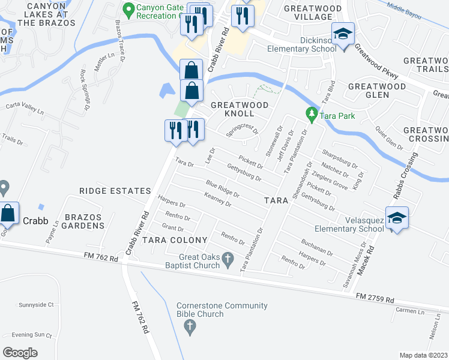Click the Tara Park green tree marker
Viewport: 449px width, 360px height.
pos(311,113)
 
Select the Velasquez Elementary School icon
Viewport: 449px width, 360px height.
pos(397,218)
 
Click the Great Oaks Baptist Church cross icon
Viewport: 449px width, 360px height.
pos(227,260)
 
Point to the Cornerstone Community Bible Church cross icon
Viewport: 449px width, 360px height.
pos(190,328)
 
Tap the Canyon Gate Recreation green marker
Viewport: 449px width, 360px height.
pos(128,10)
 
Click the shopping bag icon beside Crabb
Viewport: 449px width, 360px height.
pos(8,213)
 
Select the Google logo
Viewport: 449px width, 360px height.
pos(20,352)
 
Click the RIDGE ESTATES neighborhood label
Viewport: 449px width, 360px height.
pos(115,191)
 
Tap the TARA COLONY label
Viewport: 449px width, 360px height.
pos(167,240)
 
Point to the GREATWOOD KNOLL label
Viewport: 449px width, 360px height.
pos(240,109)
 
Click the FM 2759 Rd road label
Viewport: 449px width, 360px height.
pos(375,298)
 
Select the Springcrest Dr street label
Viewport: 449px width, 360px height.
pos(242,130)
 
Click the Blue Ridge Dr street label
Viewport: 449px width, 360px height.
pos(223,190)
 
